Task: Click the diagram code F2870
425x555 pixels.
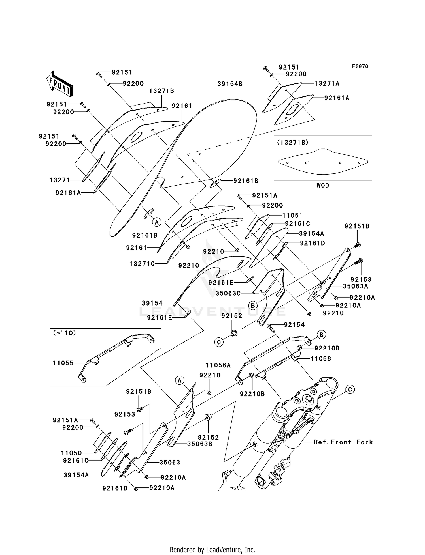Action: tap(360, 66)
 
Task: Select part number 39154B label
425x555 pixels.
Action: tap(230, 84)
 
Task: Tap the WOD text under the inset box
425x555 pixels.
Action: tap(323, 185)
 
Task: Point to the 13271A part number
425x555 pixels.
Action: tap(327, 83)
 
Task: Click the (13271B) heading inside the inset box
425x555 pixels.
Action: tap(292, 143)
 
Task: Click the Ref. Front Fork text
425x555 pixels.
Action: tap(343, 442)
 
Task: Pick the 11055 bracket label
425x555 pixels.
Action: tap(63, 363)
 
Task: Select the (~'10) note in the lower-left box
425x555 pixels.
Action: tap(65, 333)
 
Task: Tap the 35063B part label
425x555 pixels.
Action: tap(199, 444)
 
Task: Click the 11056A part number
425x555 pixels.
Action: tap(218, 365)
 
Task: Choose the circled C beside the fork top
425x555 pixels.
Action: tap(350, 390)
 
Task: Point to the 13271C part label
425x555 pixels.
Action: tap(142, 264)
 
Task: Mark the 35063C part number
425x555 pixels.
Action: tap(228, 293)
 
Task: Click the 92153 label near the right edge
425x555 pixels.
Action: tap(361, 279)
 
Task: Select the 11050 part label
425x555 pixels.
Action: tap(71, 453)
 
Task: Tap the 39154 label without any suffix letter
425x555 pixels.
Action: tap(152, 303)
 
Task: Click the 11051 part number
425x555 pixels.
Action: tap(292, 216)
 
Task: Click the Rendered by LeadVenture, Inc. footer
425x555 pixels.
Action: tap(212, 550)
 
